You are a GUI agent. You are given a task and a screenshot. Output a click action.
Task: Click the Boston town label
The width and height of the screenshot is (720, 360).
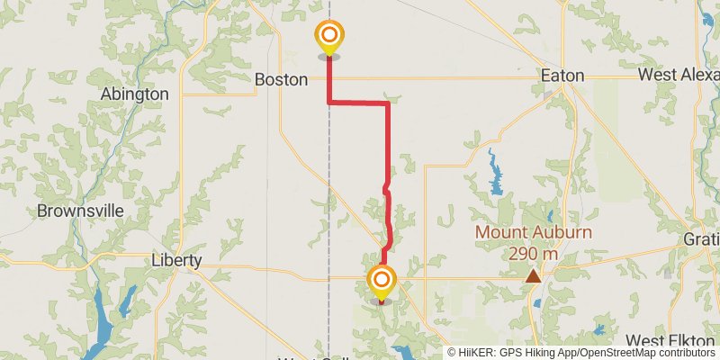point(281,79)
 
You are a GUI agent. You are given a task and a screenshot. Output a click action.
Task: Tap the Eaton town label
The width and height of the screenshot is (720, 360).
point(562,76)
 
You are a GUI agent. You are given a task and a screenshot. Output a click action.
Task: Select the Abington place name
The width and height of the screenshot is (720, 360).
point(135,94)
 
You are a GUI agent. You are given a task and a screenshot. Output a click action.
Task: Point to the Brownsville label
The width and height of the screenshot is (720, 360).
point(79,211)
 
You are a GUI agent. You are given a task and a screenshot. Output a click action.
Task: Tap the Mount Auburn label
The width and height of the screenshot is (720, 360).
point(533,233)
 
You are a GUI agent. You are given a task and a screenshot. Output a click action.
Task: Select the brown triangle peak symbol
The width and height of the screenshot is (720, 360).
point(534,275)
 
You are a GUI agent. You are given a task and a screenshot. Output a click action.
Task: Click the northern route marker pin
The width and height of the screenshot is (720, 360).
point(329,37)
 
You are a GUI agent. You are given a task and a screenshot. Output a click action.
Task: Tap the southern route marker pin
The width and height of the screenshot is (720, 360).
point(382,280)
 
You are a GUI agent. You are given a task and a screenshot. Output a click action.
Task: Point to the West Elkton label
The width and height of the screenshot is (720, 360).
point(671,340)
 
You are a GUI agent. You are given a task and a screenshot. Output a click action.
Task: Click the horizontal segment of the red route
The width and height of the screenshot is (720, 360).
point(358,103)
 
